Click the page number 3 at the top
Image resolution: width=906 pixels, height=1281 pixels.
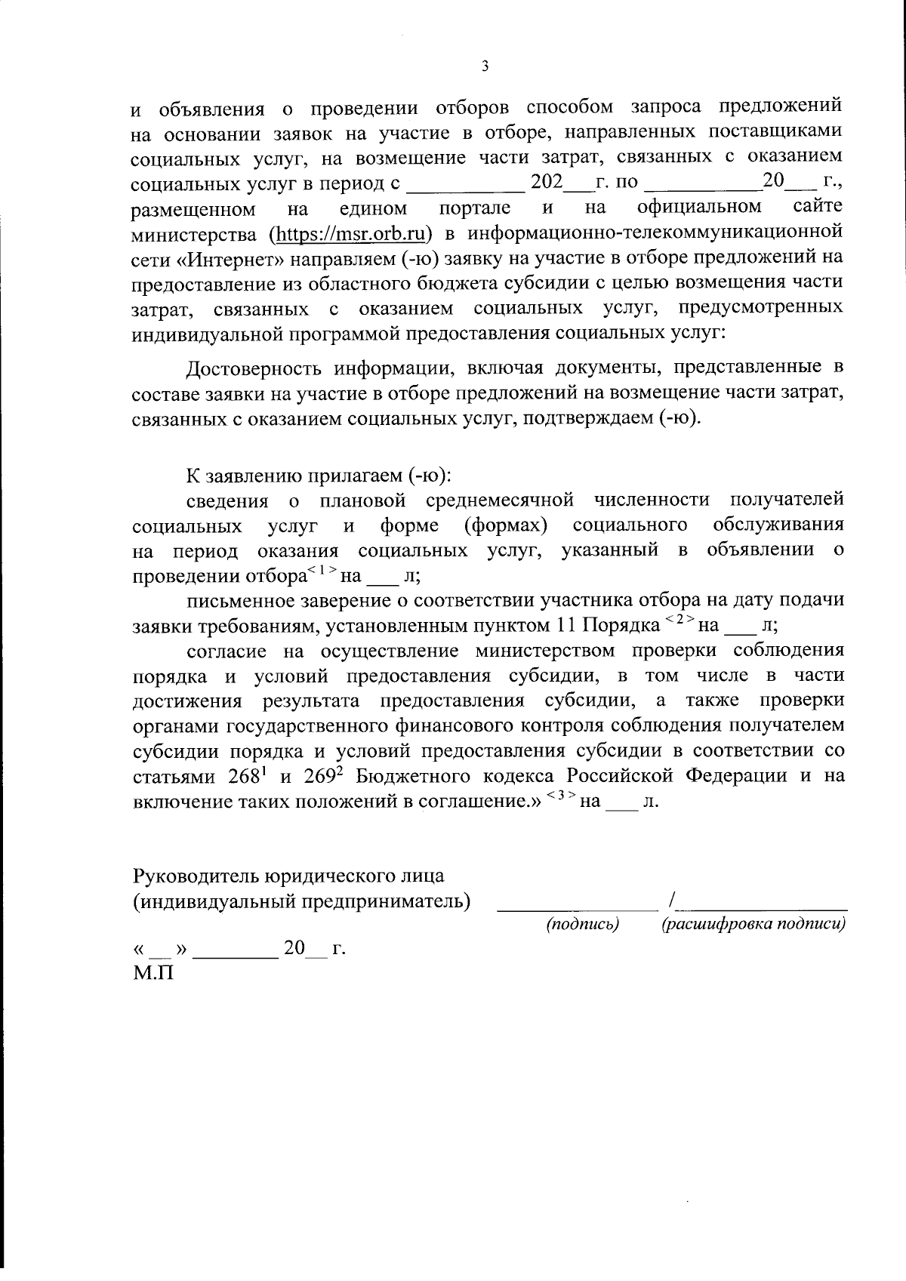pos(485,66)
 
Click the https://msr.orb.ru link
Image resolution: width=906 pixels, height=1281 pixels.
pos(350,233)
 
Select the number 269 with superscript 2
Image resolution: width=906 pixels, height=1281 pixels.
pos(325,776)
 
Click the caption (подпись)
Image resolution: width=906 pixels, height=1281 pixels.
pos(582,924)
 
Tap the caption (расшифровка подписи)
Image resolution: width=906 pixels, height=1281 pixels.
pos(753,924)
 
